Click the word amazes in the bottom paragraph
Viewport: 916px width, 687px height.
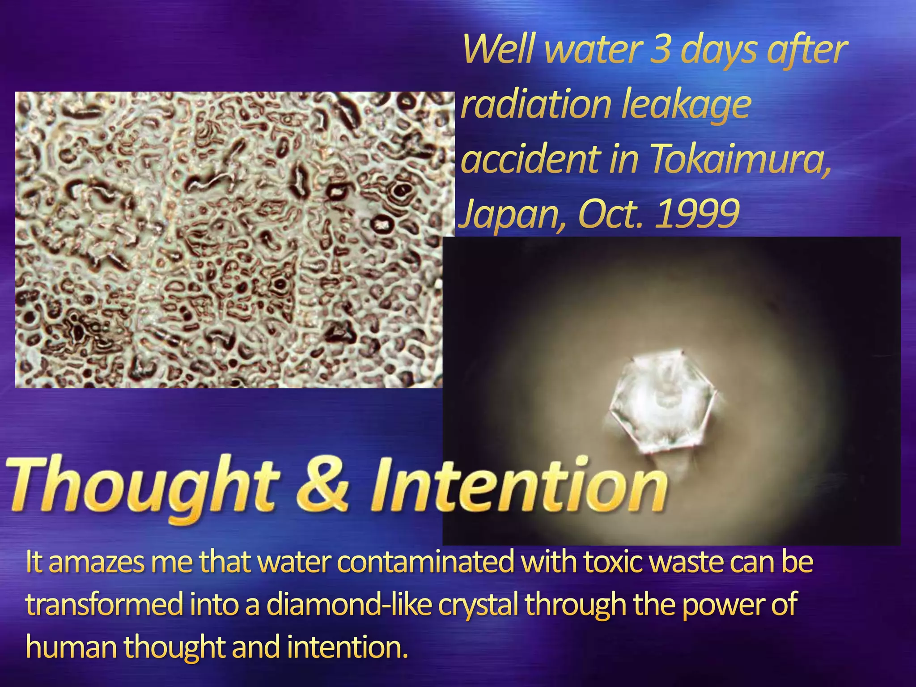97,563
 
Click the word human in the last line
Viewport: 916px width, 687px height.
72,647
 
